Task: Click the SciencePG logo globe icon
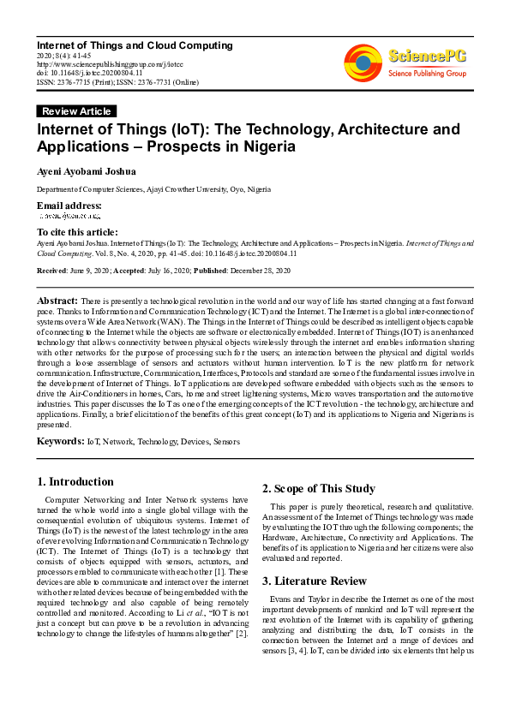tap(363, 63)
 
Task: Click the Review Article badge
tap(76, 111)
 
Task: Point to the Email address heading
tap(69, 206)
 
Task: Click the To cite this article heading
tap(77, 232)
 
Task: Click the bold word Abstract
tap(57, 301)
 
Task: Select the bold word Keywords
tap(60, 442)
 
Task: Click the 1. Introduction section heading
tap(76, 482)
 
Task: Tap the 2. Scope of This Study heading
tap(318, 489)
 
